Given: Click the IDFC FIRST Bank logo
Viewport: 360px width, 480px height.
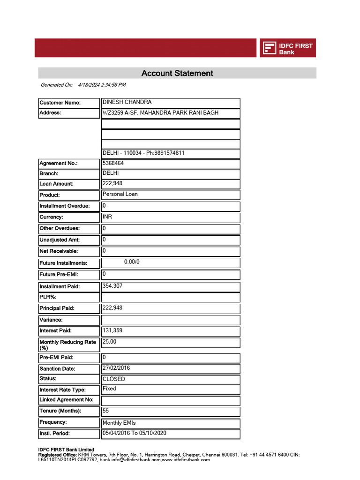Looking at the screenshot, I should pyautogui.click(x=288, y=48).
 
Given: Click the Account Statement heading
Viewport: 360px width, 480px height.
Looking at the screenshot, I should pyautogui.click(x=177, y=73).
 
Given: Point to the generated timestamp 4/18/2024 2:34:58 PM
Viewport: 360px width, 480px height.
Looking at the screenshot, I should pyautogui.click(x=102, y=85).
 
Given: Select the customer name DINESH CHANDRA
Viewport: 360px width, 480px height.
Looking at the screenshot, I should pyautogui.click(x=127, y=102).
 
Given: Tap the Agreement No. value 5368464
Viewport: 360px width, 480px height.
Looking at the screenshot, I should pyautogui.click(x=113, y=164).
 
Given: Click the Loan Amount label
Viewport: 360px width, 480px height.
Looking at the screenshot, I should pyautogui.click(x=56, y=184).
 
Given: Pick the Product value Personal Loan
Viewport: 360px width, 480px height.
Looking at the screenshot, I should pyautogui.click(x=120, y=194).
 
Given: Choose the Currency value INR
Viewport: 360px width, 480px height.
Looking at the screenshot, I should pyautogui.click(x=107, y=217).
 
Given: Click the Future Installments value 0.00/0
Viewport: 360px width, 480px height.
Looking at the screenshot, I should pyautogui.click(x=132, y=262).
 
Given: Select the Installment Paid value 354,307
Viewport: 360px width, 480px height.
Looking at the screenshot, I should pyautogui.click(x=112, y=285).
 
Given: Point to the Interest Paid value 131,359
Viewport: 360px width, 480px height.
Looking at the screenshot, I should pyautogui.click(x=112, y=330).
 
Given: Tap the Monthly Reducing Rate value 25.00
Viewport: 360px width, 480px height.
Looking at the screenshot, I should pyautogui.click(x=109, y=342).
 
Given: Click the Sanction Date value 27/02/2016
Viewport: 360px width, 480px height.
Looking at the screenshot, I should pyautogui.click(x=116, y=368).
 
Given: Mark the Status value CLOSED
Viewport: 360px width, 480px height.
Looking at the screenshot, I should pyautogui.click(x=114, y=379).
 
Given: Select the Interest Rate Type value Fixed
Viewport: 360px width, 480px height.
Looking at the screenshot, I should pyautogui.click(x=109, y=389).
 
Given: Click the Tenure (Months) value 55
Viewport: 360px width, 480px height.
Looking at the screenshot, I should pyautogui.click(x=106, y=411).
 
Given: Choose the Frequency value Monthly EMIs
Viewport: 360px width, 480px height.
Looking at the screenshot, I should pyautogui.click(x=119, y=423).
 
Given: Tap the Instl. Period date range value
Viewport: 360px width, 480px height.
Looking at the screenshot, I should pyautogui.click(x=135, y=433).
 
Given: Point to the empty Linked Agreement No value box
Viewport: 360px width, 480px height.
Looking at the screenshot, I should pyautogui.click(x=171, y=400).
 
